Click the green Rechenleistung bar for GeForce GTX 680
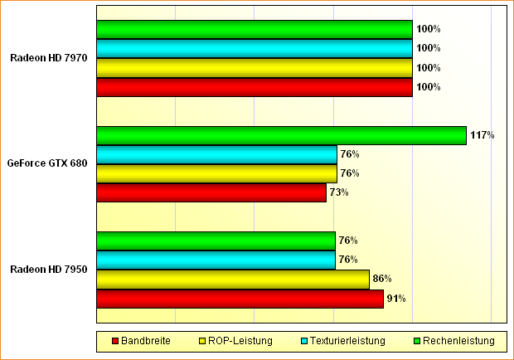coord(281,135)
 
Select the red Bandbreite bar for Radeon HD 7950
coord(240,299)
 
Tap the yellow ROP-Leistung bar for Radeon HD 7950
coord(233,280)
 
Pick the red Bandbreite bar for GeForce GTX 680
coord(211,192)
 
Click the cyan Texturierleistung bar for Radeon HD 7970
coord(255,49)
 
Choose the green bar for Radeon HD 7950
coord(216,241)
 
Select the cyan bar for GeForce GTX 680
coord(216,154)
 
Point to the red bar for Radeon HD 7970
coord(255,87)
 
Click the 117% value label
coord(482,135)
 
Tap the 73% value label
coord(339,192)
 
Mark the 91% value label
coord(396,299)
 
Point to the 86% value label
coord(382,279)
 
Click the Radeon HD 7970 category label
coord(49,58)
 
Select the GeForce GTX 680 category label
coord(47,163)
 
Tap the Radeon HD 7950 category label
coord(49,270)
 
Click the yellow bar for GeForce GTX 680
coord(216,173)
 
